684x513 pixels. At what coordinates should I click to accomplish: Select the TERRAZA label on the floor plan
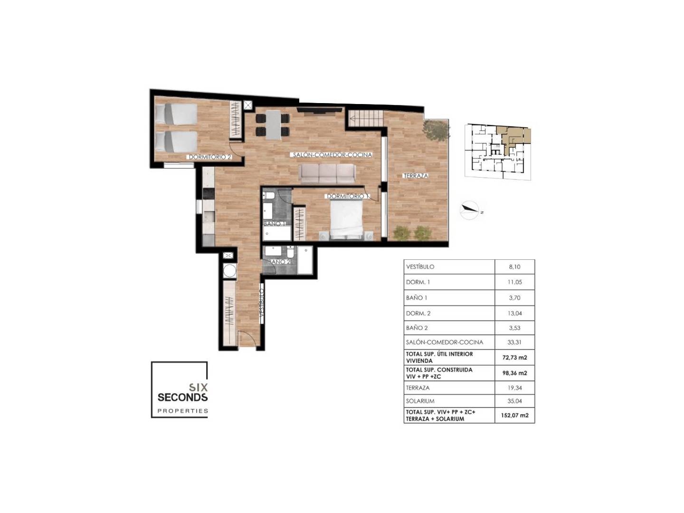(x=416, y=176)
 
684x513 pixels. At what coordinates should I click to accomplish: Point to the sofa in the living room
(x=327, y=173)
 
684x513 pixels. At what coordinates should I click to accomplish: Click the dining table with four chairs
(x=273, y=125)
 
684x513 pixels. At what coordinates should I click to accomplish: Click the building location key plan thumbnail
(x=498, y=152)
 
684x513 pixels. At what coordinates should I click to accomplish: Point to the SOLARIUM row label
(x=420, y=401)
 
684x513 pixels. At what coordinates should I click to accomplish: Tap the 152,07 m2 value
(x=514, y=415)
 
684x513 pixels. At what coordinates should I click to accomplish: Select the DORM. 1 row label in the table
(x=418, y=282)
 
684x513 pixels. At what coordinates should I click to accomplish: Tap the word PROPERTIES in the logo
(x=182, y=411)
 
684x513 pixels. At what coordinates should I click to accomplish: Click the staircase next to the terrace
(x=366, y=118)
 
